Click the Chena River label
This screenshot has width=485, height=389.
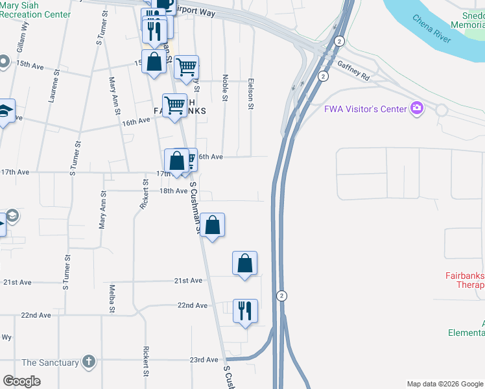tap(432, 28)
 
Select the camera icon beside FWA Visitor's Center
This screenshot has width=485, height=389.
tap(417, 108)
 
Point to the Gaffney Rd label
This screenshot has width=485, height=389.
tap(353, 71)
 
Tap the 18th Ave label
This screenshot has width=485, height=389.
tap(173, 191)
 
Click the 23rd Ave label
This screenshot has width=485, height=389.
tap(203, 360)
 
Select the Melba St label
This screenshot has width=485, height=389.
tap(112, 298)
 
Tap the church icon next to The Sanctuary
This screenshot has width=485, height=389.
tap(88, 362)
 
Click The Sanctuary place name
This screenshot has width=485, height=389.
tap(51, 363)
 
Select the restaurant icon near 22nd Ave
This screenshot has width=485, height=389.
tap(245, 311)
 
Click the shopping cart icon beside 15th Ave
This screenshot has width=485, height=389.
tap(186, 66)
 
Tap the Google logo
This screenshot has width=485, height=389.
tap(21, 381)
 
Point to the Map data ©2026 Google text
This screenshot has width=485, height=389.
tap(444, 384)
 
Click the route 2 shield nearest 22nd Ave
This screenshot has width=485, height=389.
tap(281, 296)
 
